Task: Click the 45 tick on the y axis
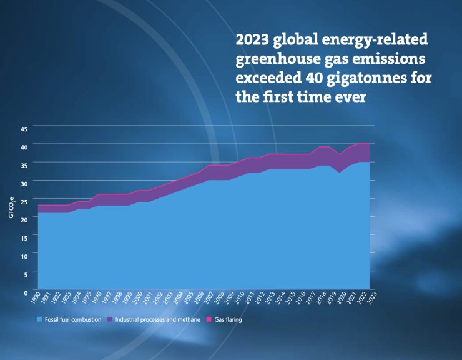24,128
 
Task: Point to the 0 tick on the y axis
26,292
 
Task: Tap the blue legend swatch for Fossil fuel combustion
39,320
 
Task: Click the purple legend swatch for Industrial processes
109,320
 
